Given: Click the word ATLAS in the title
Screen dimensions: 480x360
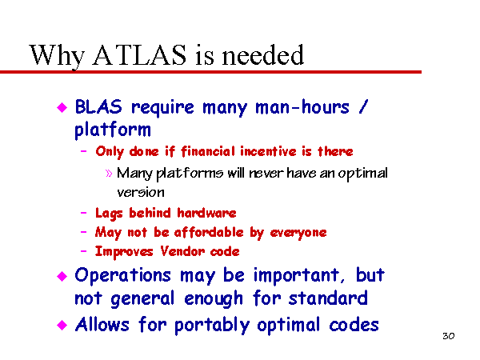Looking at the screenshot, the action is (x=139, y=54).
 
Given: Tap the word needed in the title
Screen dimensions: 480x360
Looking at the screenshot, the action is (x=263, y=54).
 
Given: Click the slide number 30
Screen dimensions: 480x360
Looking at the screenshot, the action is (x=449, y=336).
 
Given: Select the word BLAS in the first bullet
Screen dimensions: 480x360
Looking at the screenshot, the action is (x=98, y=107).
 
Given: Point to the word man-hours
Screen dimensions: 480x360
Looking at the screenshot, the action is (x=302, y=107).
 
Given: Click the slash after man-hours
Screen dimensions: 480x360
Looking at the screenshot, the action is (x=363, y=107).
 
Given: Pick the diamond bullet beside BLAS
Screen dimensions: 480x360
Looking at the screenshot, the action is (x=62, y=107).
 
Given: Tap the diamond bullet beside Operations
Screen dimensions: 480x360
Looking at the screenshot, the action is (x=62, y=276).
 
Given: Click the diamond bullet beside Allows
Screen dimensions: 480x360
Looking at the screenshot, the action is (x=62, y=325).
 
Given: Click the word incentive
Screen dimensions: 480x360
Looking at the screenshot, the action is (x=269, y=151).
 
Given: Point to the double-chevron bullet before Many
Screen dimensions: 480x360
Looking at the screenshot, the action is (x=109, y=174).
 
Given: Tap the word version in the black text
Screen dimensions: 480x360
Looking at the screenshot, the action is (x=141, y=193).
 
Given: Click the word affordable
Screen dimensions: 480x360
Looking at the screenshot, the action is (x=209, y=232).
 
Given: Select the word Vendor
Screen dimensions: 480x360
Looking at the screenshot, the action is (x=182, y=251).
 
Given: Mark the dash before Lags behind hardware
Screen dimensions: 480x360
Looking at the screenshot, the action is (x=83, y=213).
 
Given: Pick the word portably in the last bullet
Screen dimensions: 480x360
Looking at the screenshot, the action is (x=212, y=325).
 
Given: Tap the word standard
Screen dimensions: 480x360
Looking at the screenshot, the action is (x=328, y=298).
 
